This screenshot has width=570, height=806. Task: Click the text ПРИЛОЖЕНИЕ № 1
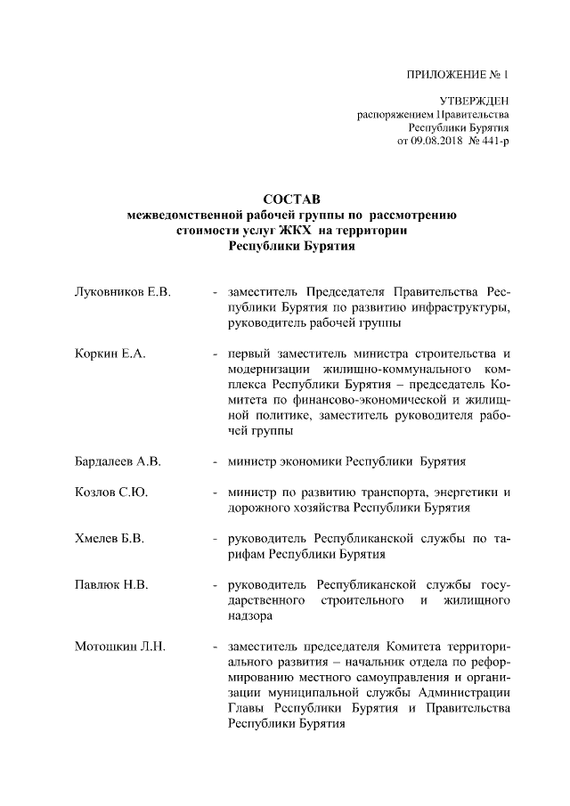point(459,76)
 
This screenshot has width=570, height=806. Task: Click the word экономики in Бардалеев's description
point(313,463)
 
